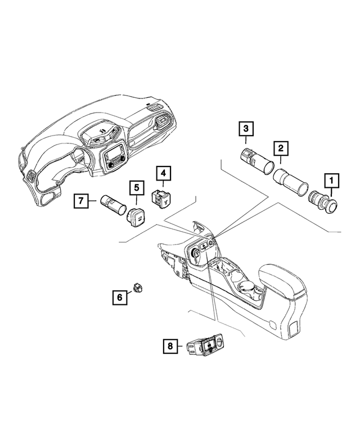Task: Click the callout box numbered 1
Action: pos(331,181)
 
